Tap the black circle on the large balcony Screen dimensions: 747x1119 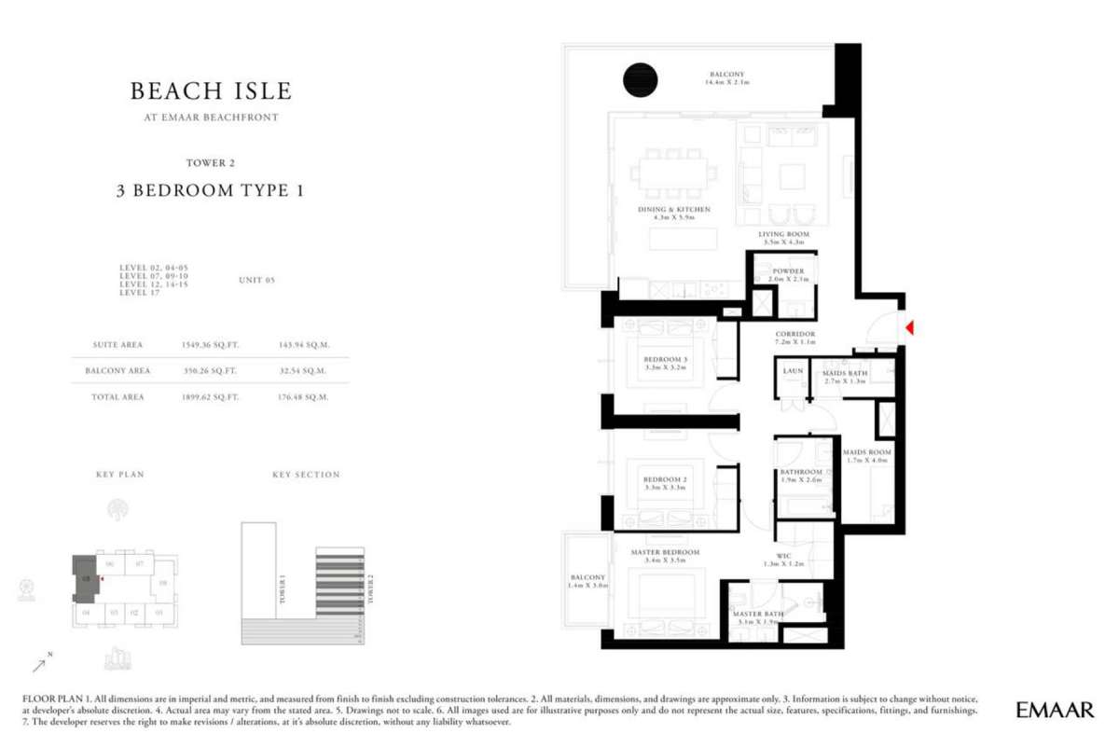(641, 79)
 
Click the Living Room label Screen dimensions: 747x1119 (783, 234)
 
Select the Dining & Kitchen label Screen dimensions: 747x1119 (674, 210)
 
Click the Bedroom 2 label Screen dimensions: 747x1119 (665, 480)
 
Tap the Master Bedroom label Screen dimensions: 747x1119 (665, 553)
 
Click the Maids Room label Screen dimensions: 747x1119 (868, 452)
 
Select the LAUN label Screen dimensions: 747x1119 (793, 371)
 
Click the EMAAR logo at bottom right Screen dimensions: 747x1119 (1055, 710)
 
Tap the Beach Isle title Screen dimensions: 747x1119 (211, 91)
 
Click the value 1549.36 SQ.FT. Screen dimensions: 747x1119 (211, 344)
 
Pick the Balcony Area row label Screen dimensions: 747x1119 (117, 371)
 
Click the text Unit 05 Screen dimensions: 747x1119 (257, 280)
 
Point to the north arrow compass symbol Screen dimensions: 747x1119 (42, 663)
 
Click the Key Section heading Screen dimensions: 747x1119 (306, 475)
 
